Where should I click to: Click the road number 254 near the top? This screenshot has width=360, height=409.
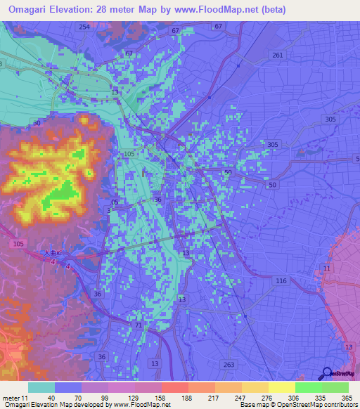pyautogui.click(x=84, y=27)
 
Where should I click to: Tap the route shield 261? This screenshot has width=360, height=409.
pyautogui.click(x=277, y=55)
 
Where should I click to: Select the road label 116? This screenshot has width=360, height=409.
pyautogui.click(x=281, y=280)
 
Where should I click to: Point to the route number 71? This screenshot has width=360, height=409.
pyautogui.click(x=138, y=326)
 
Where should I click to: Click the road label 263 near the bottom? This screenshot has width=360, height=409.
pyautogui.click(x=228, y=364)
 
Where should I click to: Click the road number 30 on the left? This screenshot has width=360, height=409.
pyautogui.click(x=36, y=123)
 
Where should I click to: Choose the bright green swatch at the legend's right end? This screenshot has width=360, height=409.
pyautogui.click(x=335, y=387)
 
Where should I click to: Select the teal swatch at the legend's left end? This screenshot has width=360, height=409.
pyautogui.click(x=41, y=387)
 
